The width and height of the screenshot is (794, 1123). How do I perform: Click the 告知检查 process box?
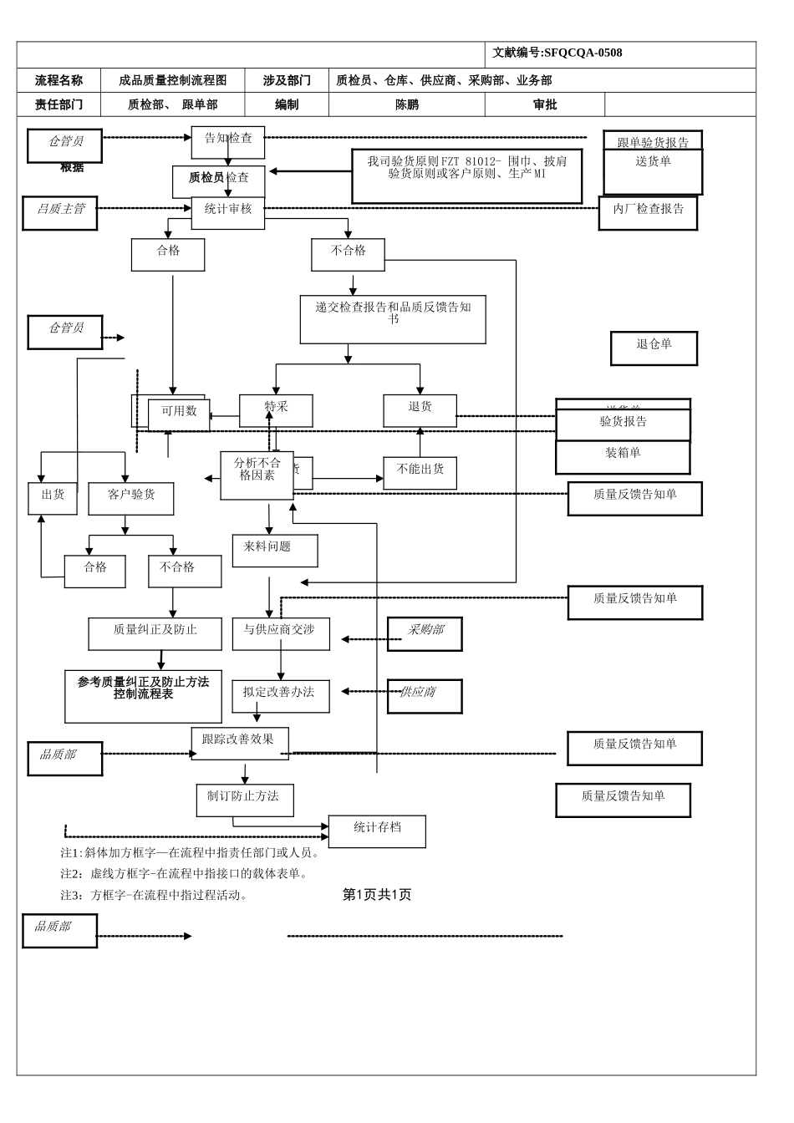point(227,142)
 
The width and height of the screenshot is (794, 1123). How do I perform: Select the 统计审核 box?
point(227,213)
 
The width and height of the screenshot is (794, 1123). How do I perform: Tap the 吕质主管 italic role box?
point(60,213)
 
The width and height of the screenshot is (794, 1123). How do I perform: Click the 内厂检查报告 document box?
point(648,213)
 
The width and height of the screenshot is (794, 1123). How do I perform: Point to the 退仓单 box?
point(654,348)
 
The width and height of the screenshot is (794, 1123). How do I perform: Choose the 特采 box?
point(276,410)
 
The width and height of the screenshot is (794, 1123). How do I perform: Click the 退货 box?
point(420,410)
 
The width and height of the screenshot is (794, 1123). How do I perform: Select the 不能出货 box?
point(420,473)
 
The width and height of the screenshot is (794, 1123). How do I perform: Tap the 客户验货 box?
point(131,498)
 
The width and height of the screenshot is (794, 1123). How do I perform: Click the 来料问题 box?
point(275,551)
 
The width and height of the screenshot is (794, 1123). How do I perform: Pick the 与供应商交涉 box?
point(281,633)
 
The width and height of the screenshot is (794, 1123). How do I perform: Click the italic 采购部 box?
point(425,633)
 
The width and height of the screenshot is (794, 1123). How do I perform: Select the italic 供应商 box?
point(425,696)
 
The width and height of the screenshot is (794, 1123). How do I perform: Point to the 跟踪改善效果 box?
point(240,743)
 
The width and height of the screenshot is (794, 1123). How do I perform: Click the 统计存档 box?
point(377,831)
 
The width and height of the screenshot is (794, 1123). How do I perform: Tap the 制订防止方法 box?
point(245,800)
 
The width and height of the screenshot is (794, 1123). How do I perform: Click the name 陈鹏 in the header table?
point(407,104)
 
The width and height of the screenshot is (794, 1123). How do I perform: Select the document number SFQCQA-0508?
point(583,53)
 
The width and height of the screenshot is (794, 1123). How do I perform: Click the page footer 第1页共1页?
point(377,894)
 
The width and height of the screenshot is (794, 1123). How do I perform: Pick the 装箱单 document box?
point(623,456)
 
